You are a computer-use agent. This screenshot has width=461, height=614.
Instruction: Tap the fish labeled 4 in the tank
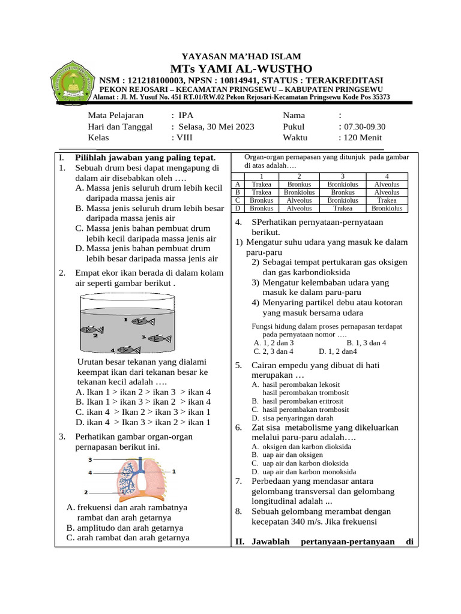127,350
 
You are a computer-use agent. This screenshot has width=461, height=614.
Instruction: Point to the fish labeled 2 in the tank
92,329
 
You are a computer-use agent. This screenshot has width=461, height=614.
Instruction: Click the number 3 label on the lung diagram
90,460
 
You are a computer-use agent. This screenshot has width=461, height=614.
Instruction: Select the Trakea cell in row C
387,200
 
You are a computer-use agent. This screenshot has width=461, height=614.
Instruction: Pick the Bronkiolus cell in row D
387,208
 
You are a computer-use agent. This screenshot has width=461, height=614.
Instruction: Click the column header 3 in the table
343,176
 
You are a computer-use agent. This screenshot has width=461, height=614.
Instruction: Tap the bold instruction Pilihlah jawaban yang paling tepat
145,157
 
